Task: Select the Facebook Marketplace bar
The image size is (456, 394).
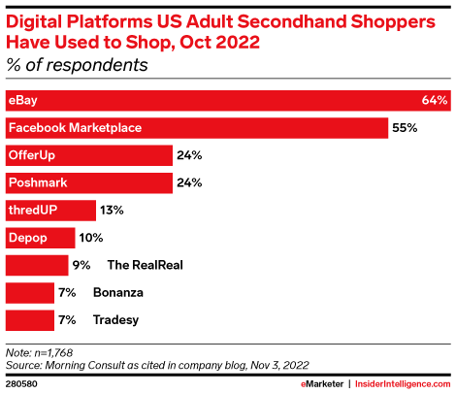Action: [194, 127]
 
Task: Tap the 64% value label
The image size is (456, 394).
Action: [435, 100]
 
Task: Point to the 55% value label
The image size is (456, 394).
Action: [403, 127]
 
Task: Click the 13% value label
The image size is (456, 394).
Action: [113, 210]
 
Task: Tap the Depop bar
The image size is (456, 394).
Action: [40, 237]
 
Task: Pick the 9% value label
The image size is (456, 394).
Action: [81, 264]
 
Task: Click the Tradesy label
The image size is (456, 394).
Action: [115, 319]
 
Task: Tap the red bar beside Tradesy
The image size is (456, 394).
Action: [29, 319]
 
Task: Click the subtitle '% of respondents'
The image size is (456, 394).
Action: [78, 66]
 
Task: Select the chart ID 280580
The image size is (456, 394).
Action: [23, 383]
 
